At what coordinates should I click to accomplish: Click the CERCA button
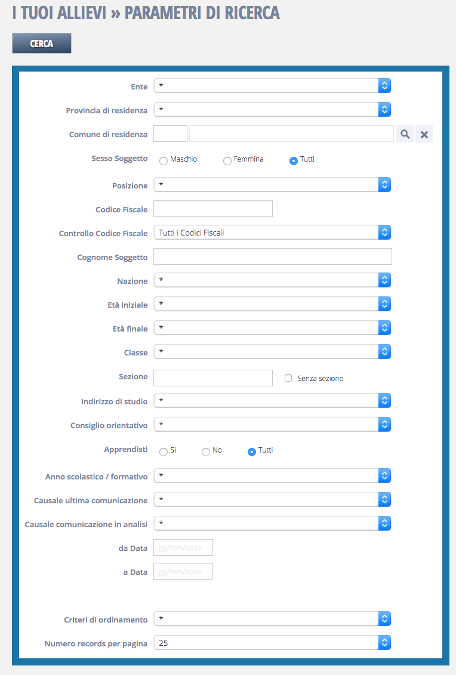[x=42, y=44]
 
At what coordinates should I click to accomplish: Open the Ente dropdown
[x=272, y=86]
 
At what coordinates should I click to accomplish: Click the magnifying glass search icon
[x=405, y=134]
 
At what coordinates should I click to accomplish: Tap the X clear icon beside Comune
[x=424, y=134]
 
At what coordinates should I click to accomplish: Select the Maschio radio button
[x=164, y=160]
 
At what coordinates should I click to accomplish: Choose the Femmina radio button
[x=227, y=160]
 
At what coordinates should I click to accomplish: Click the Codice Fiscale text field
[x=212, y=209]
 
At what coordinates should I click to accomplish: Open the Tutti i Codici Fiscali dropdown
[x=272, y=233]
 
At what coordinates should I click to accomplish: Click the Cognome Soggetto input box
[x=272, y=256]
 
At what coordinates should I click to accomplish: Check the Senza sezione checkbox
[x=288, y=378]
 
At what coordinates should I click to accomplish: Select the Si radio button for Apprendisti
[x=164, y=451]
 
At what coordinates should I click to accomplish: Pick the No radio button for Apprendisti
[x=206, y=451]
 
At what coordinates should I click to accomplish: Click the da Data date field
[x=183, y=547]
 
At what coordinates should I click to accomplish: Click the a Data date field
[x=183, y=571]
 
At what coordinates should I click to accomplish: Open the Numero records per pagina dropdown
[x=272, y=643]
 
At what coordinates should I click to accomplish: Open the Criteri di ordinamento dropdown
[x=272, y=619]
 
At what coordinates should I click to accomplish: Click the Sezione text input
[x=212, y=378]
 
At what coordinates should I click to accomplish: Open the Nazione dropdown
[x=272, y=280]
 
